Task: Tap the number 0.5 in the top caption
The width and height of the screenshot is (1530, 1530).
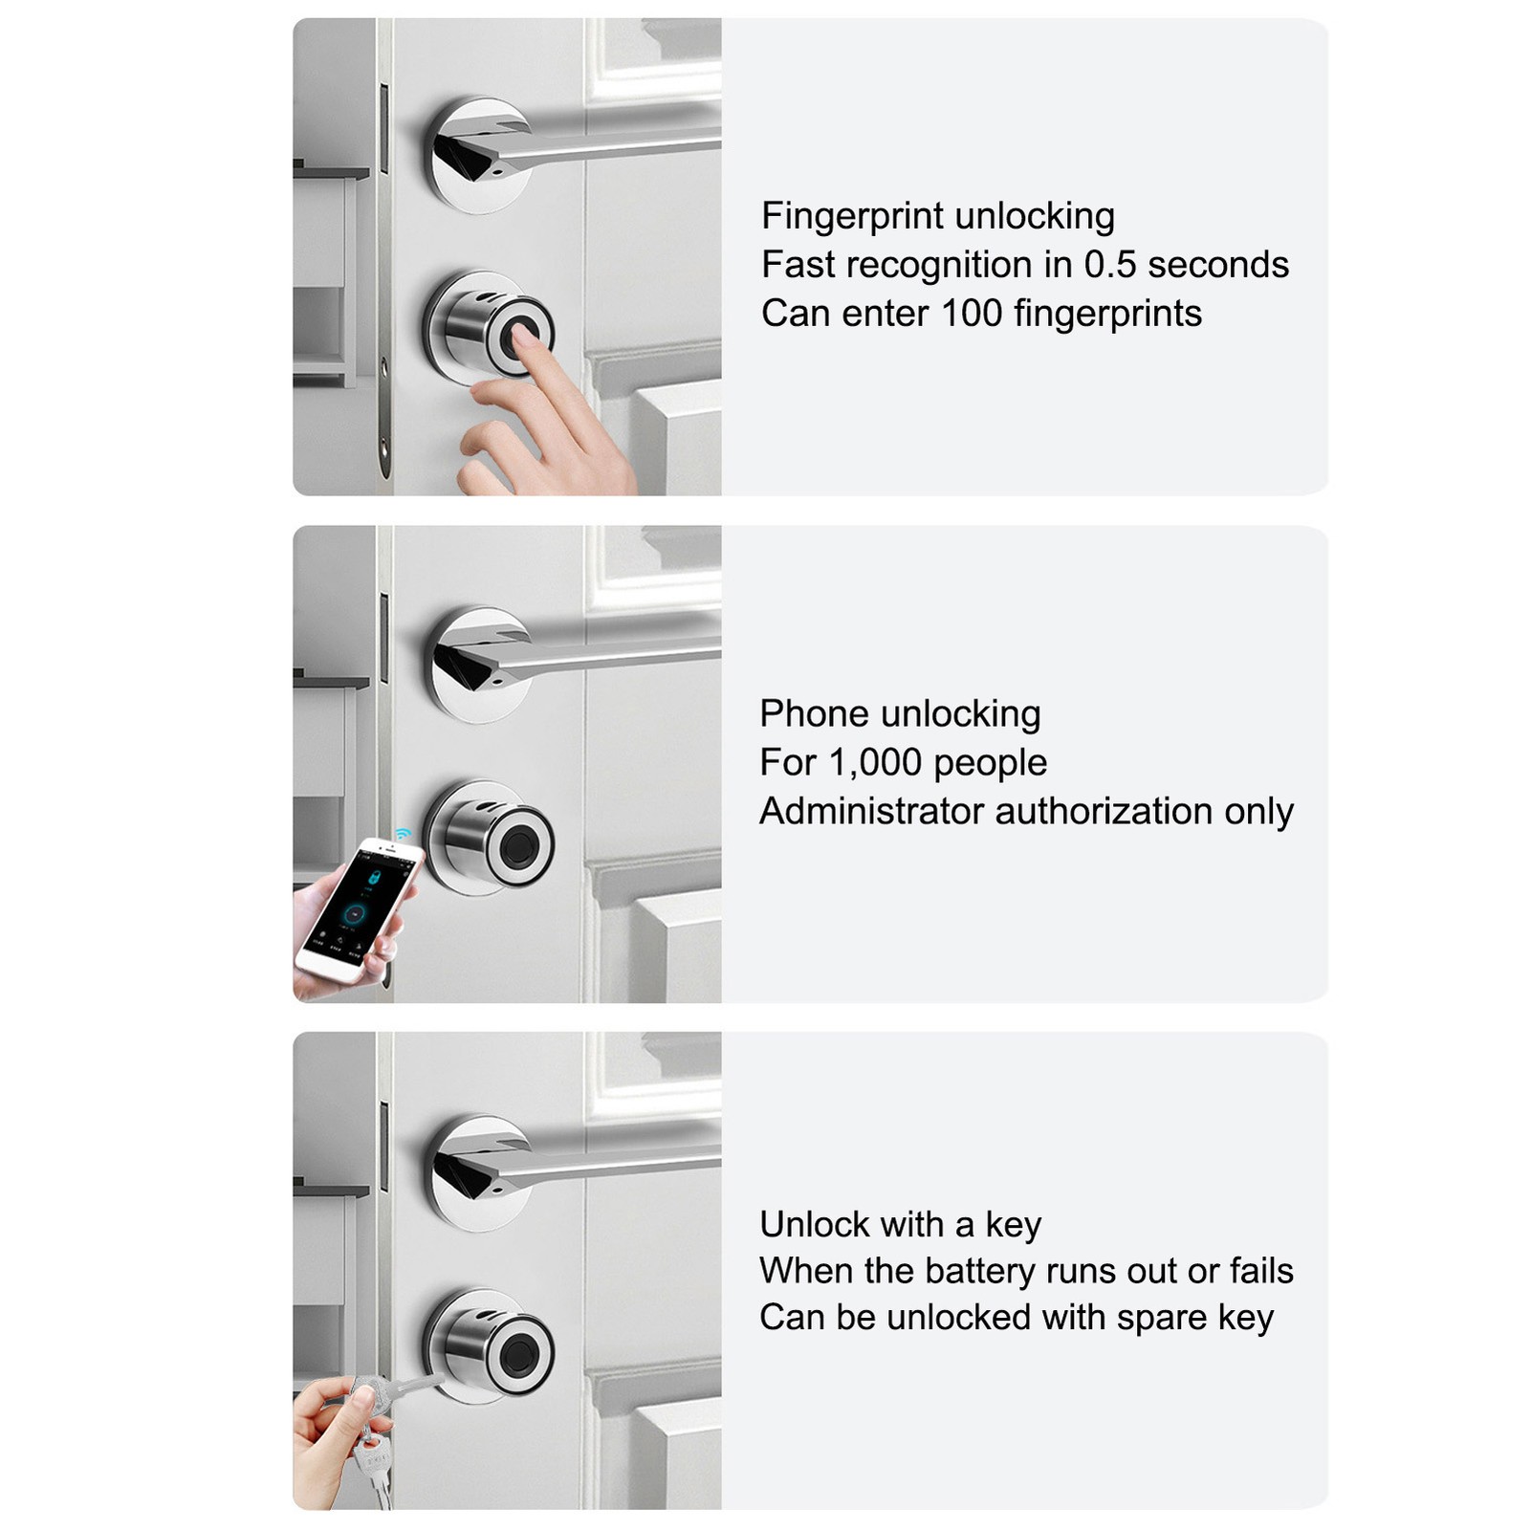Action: pos(1110,265)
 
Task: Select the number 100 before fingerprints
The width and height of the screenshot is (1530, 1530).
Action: pos(972,314)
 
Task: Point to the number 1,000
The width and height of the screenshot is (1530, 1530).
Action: pos(875,763)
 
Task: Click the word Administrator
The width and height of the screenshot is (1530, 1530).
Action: pos(872,811)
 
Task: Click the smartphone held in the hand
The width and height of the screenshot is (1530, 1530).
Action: pos(358,907)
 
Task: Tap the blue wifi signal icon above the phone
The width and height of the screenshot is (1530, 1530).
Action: pos(403,834)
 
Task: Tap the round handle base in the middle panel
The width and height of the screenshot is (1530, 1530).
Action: pos(478,665)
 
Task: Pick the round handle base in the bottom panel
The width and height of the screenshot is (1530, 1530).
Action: pos(478,1173)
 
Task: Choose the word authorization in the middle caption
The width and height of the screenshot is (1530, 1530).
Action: pos(1104,811)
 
